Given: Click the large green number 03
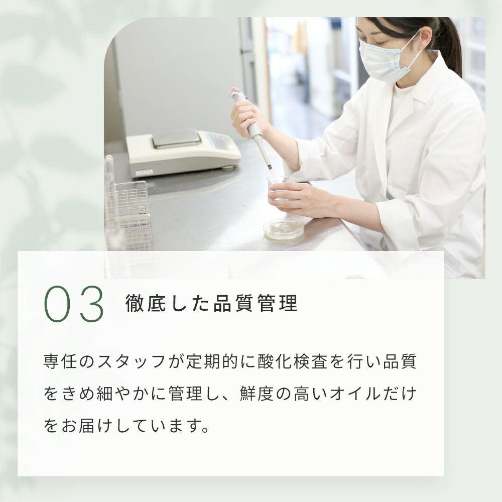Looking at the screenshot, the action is coord(74,304).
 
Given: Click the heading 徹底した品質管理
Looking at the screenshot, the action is coord(212,303).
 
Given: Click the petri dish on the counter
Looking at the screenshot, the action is coord(283,229).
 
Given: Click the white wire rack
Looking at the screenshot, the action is coord(135,216).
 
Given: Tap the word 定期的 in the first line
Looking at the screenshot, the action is coord(212,361).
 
